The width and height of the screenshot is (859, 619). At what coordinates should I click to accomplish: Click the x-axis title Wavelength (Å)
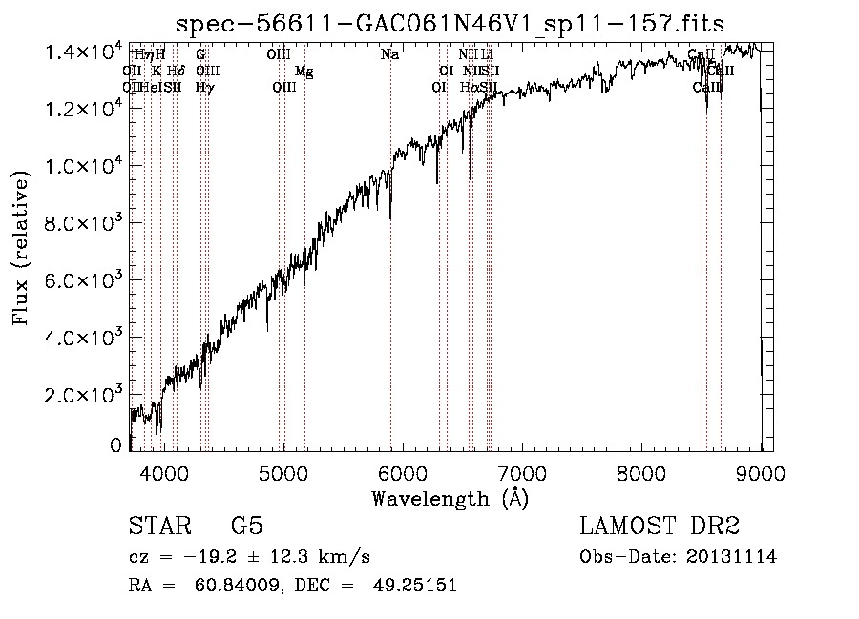pos(450,498)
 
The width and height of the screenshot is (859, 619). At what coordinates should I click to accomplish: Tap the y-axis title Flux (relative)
pos(21,248)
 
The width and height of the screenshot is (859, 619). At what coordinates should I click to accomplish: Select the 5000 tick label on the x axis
pos(283,472)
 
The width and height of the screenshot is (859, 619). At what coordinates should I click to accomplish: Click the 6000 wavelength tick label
pos(403,472)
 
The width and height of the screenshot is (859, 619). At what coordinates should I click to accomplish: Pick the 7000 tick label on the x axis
pos(522,472)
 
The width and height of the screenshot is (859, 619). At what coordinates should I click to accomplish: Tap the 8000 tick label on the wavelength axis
pos(641,472)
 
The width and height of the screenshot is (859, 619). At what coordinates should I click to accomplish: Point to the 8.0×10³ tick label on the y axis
pos(85,223)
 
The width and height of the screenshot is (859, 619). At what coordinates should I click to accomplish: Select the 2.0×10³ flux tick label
pos(85,395)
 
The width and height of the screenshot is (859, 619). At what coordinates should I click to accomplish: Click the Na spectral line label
pos(389,55)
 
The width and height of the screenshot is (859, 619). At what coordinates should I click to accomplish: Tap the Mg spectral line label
pos(304,72)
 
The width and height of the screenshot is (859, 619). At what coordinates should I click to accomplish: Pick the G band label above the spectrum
pos(200,55)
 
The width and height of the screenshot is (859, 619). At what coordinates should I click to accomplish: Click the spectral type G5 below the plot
pos(246,526)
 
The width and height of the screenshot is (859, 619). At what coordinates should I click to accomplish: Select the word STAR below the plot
pos(157,526)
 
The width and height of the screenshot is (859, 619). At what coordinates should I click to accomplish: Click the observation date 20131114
pos(732,556)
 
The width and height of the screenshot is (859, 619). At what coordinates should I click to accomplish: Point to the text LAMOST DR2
pos(660,526)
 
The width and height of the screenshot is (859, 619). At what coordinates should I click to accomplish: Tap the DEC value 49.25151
pos(417,585)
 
